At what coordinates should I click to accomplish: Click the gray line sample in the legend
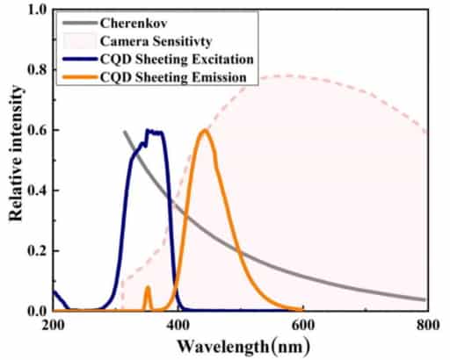coord(80,21)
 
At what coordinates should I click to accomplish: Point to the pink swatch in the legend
coord(80,40)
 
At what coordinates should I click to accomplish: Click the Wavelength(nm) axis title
coord(242,346)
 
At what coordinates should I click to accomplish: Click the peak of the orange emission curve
coord(205,131)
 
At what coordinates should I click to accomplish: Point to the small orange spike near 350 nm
coord(148,288)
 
